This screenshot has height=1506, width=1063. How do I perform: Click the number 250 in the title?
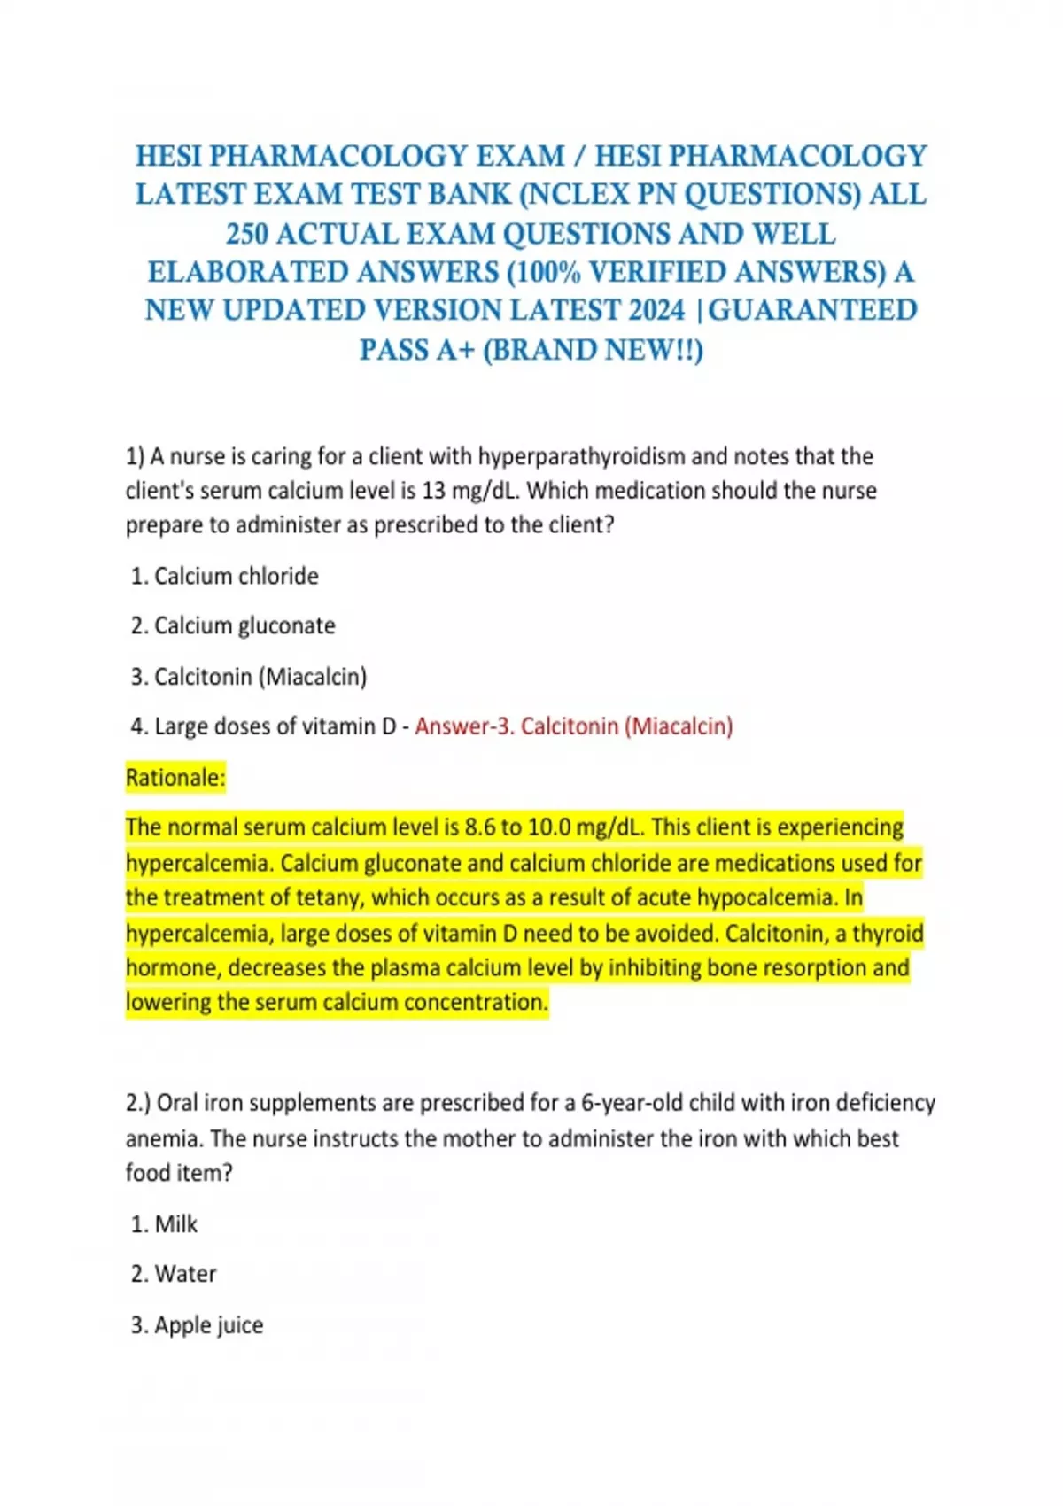[248, 234]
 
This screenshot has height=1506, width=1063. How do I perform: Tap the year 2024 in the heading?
[656, 311]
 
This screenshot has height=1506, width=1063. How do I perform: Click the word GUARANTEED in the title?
[813, 311]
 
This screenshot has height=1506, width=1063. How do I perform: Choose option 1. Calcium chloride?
[225, 576]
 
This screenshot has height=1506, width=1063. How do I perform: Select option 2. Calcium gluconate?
[233, 625]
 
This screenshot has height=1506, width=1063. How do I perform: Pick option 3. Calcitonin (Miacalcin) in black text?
[249, 677]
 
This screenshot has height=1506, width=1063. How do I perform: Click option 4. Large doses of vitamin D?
[263, 726]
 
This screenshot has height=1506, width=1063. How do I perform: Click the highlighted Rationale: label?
[175, 778]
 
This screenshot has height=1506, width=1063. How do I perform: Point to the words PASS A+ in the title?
[416, 350]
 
